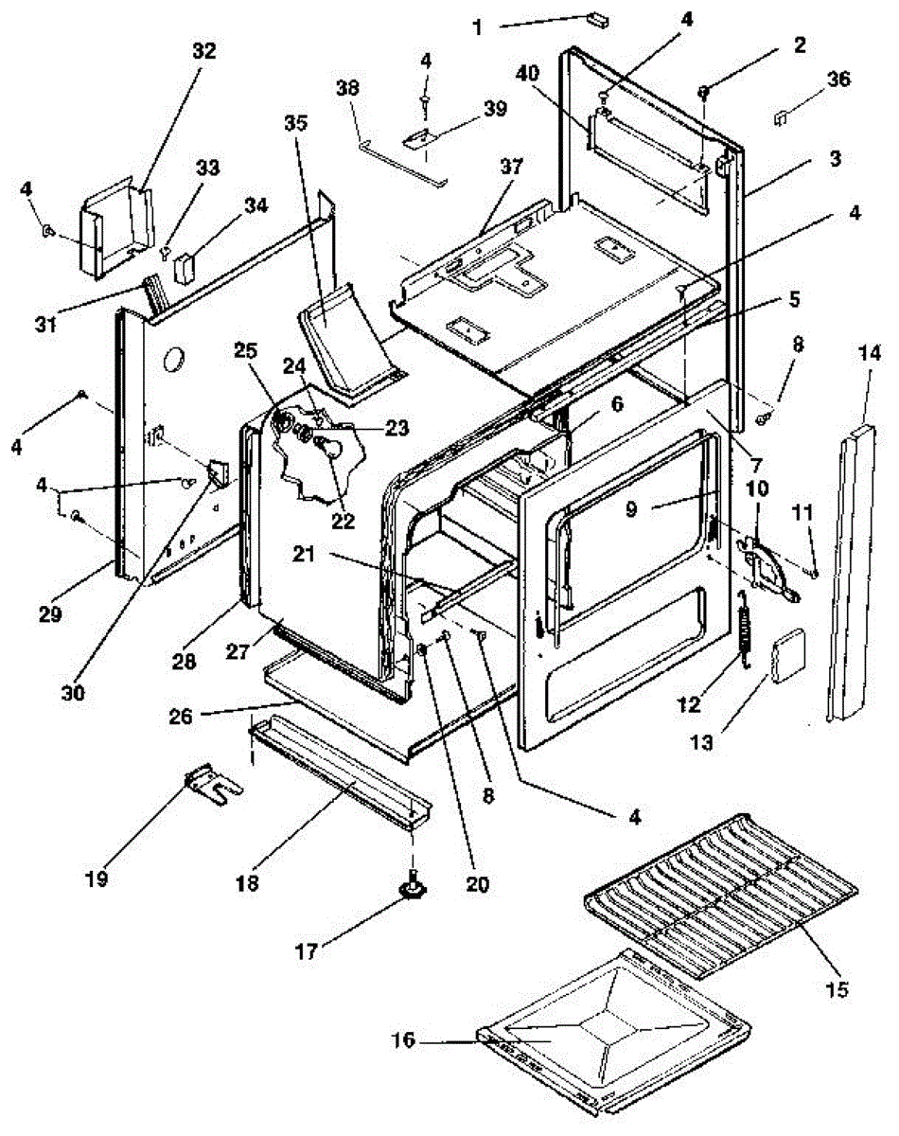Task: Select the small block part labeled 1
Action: (x=597, y=18)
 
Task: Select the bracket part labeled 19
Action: (x=213, y=785)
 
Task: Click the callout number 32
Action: (x=204, y=52)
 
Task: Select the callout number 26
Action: (x=194, y=716)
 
